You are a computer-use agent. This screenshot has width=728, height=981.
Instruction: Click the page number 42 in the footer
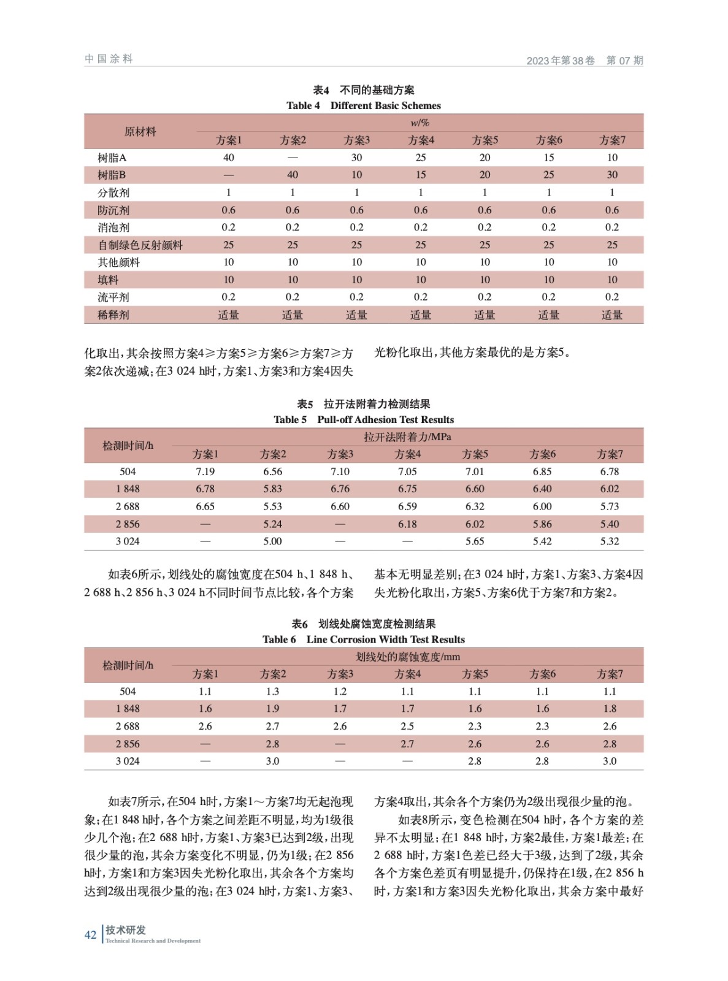(90, 934)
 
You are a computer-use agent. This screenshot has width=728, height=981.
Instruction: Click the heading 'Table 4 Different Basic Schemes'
(363, 105)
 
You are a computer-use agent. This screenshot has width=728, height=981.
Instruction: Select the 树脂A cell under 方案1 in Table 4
(228, 158)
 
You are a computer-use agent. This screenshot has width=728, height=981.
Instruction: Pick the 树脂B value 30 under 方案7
(611, 175)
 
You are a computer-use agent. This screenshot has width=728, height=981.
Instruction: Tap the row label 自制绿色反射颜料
(140, 245)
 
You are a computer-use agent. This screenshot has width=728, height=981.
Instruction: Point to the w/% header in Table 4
(420, 123)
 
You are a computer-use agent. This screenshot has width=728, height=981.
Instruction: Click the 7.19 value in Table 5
(205, 471)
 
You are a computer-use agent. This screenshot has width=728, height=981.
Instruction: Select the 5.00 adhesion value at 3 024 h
(272, 541)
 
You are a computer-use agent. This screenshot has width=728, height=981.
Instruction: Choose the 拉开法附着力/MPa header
(407, 437)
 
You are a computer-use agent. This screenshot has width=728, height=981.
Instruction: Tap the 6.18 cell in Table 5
(407, 524)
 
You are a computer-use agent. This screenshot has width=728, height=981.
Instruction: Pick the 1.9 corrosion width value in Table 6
(272, 709)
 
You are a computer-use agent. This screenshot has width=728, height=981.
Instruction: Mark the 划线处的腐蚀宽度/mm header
(407, 657)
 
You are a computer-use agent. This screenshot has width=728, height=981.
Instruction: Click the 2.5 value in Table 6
(407, 726)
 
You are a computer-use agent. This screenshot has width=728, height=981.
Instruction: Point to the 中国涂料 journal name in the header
(109, 59)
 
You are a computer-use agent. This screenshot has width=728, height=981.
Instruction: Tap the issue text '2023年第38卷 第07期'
(584, 60)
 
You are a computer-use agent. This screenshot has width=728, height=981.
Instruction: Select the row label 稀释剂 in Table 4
(113, 315)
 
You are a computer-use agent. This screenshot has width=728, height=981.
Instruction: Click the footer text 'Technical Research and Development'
(153, 941)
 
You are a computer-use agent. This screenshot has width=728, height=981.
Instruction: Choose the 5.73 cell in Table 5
(609, 506)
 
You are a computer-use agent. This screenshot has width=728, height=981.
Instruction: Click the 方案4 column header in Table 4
(421, 140)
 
